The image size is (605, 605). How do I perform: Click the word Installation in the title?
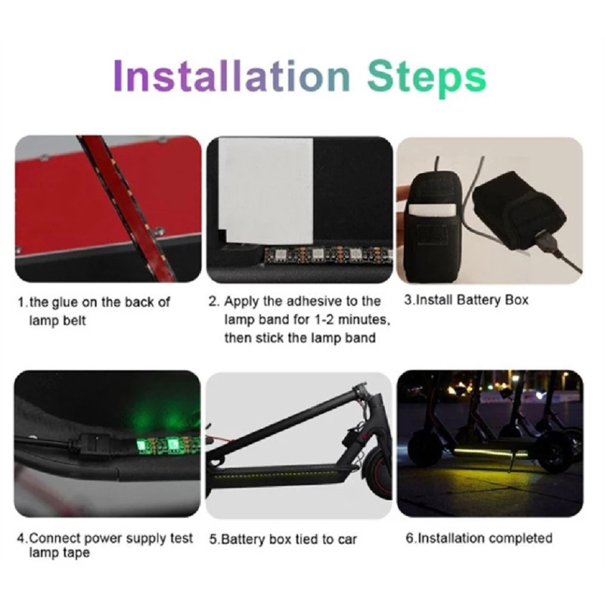(232, 76)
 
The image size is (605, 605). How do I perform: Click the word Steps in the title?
(427, 79)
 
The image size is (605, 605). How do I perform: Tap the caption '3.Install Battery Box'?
(466, 299)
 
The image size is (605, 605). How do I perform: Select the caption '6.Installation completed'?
(479, 538)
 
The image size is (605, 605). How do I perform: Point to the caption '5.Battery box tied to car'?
(283, 539)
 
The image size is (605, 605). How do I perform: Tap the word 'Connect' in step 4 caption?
(54, 538)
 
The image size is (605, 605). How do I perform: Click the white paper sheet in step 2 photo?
(266, 191)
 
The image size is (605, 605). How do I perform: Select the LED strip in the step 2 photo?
(328, 255)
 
